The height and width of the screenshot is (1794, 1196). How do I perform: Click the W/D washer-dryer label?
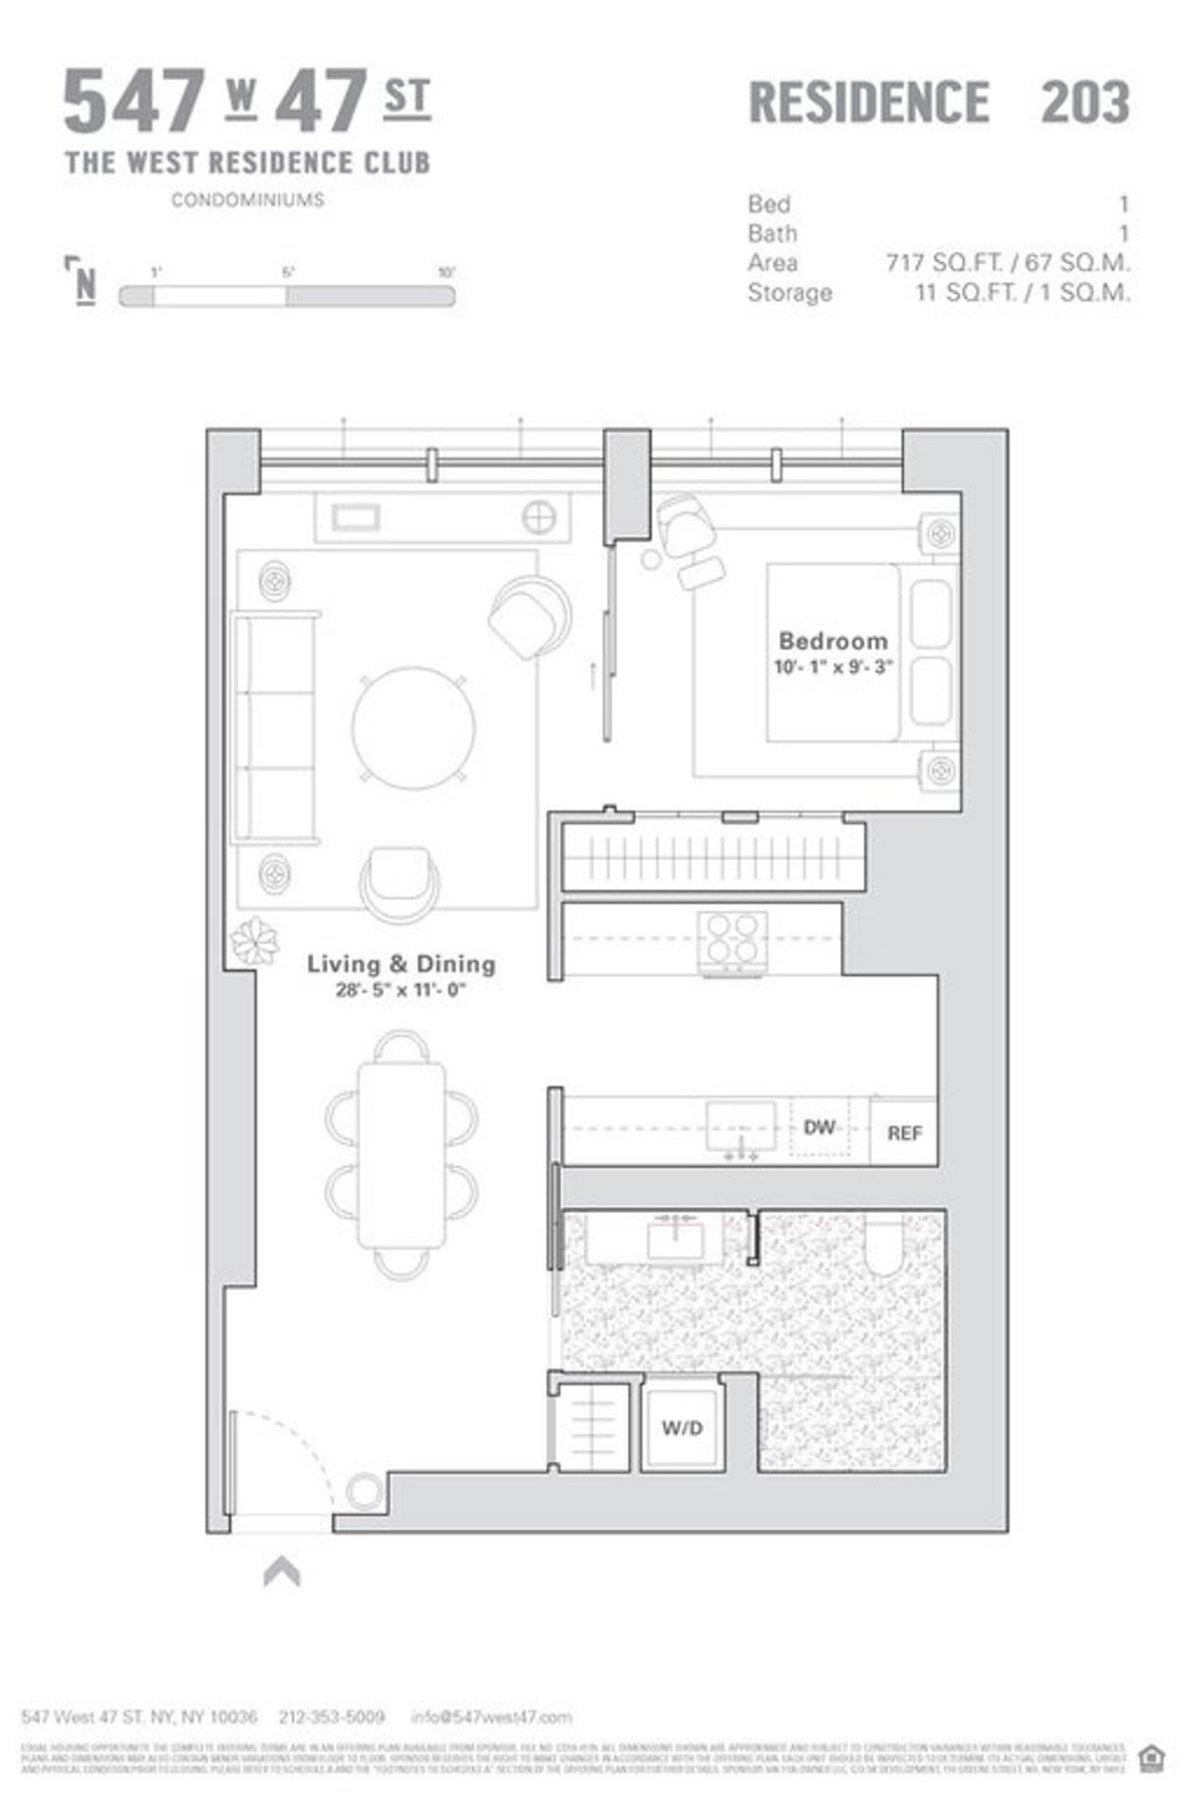(x=682, y=1428)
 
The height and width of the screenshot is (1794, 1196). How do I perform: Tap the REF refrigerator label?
(x=904, y=1133)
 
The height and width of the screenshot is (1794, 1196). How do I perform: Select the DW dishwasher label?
(x=819, y=1127)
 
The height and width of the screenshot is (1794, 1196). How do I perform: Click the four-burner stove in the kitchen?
(x=732, y=940)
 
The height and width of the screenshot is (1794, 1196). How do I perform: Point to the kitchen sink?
(x=741, y=1126)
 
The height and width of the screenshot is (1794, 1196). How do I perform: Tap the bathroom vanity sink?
(x=676, y=1239)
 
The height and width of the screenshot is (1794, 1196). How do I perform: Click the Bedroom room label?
(x=832, y=641)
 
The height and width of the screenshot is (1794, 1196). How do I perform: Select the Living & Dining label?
(x=401, y=964)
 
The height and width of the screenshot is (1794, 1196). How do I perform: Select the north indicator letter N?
(x=86, y=285)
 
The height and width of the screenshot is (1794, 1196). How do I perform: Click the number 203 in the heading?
(x=1084, y=102)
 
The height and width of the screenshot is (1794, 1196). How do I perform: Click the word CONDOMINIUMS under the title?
(x=247, y=200)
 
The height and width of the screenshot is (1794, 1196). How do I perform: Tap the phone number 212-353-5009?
(x=332, y=1717)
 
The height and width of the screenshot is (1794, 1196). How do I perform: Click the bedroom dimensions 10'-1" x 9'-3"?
(x=832, y=668)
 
